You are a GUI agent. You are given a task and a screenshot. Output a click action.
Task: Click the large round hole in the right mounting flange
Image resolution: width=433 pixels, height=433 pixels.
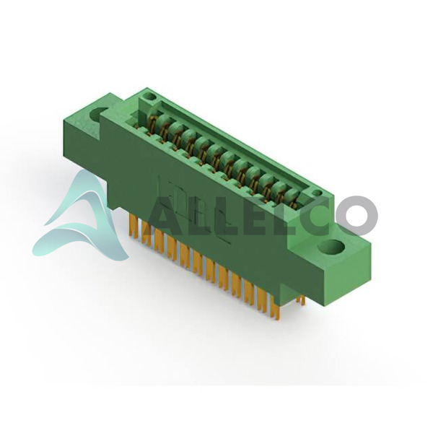pos(332,247)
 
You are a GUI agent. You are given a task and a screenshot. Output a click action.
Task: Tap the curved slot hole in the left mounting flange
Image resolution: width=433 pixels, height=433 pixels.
pos(97,115)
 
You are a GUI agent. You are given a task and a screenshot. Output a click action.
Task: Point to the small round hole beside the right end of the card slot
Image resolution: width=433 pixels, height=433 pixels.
pos(318,193)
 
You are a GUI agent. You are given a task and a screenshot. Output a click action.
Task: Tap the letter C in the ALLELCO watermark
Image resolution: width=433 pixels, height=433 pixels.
pos(313,216)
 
